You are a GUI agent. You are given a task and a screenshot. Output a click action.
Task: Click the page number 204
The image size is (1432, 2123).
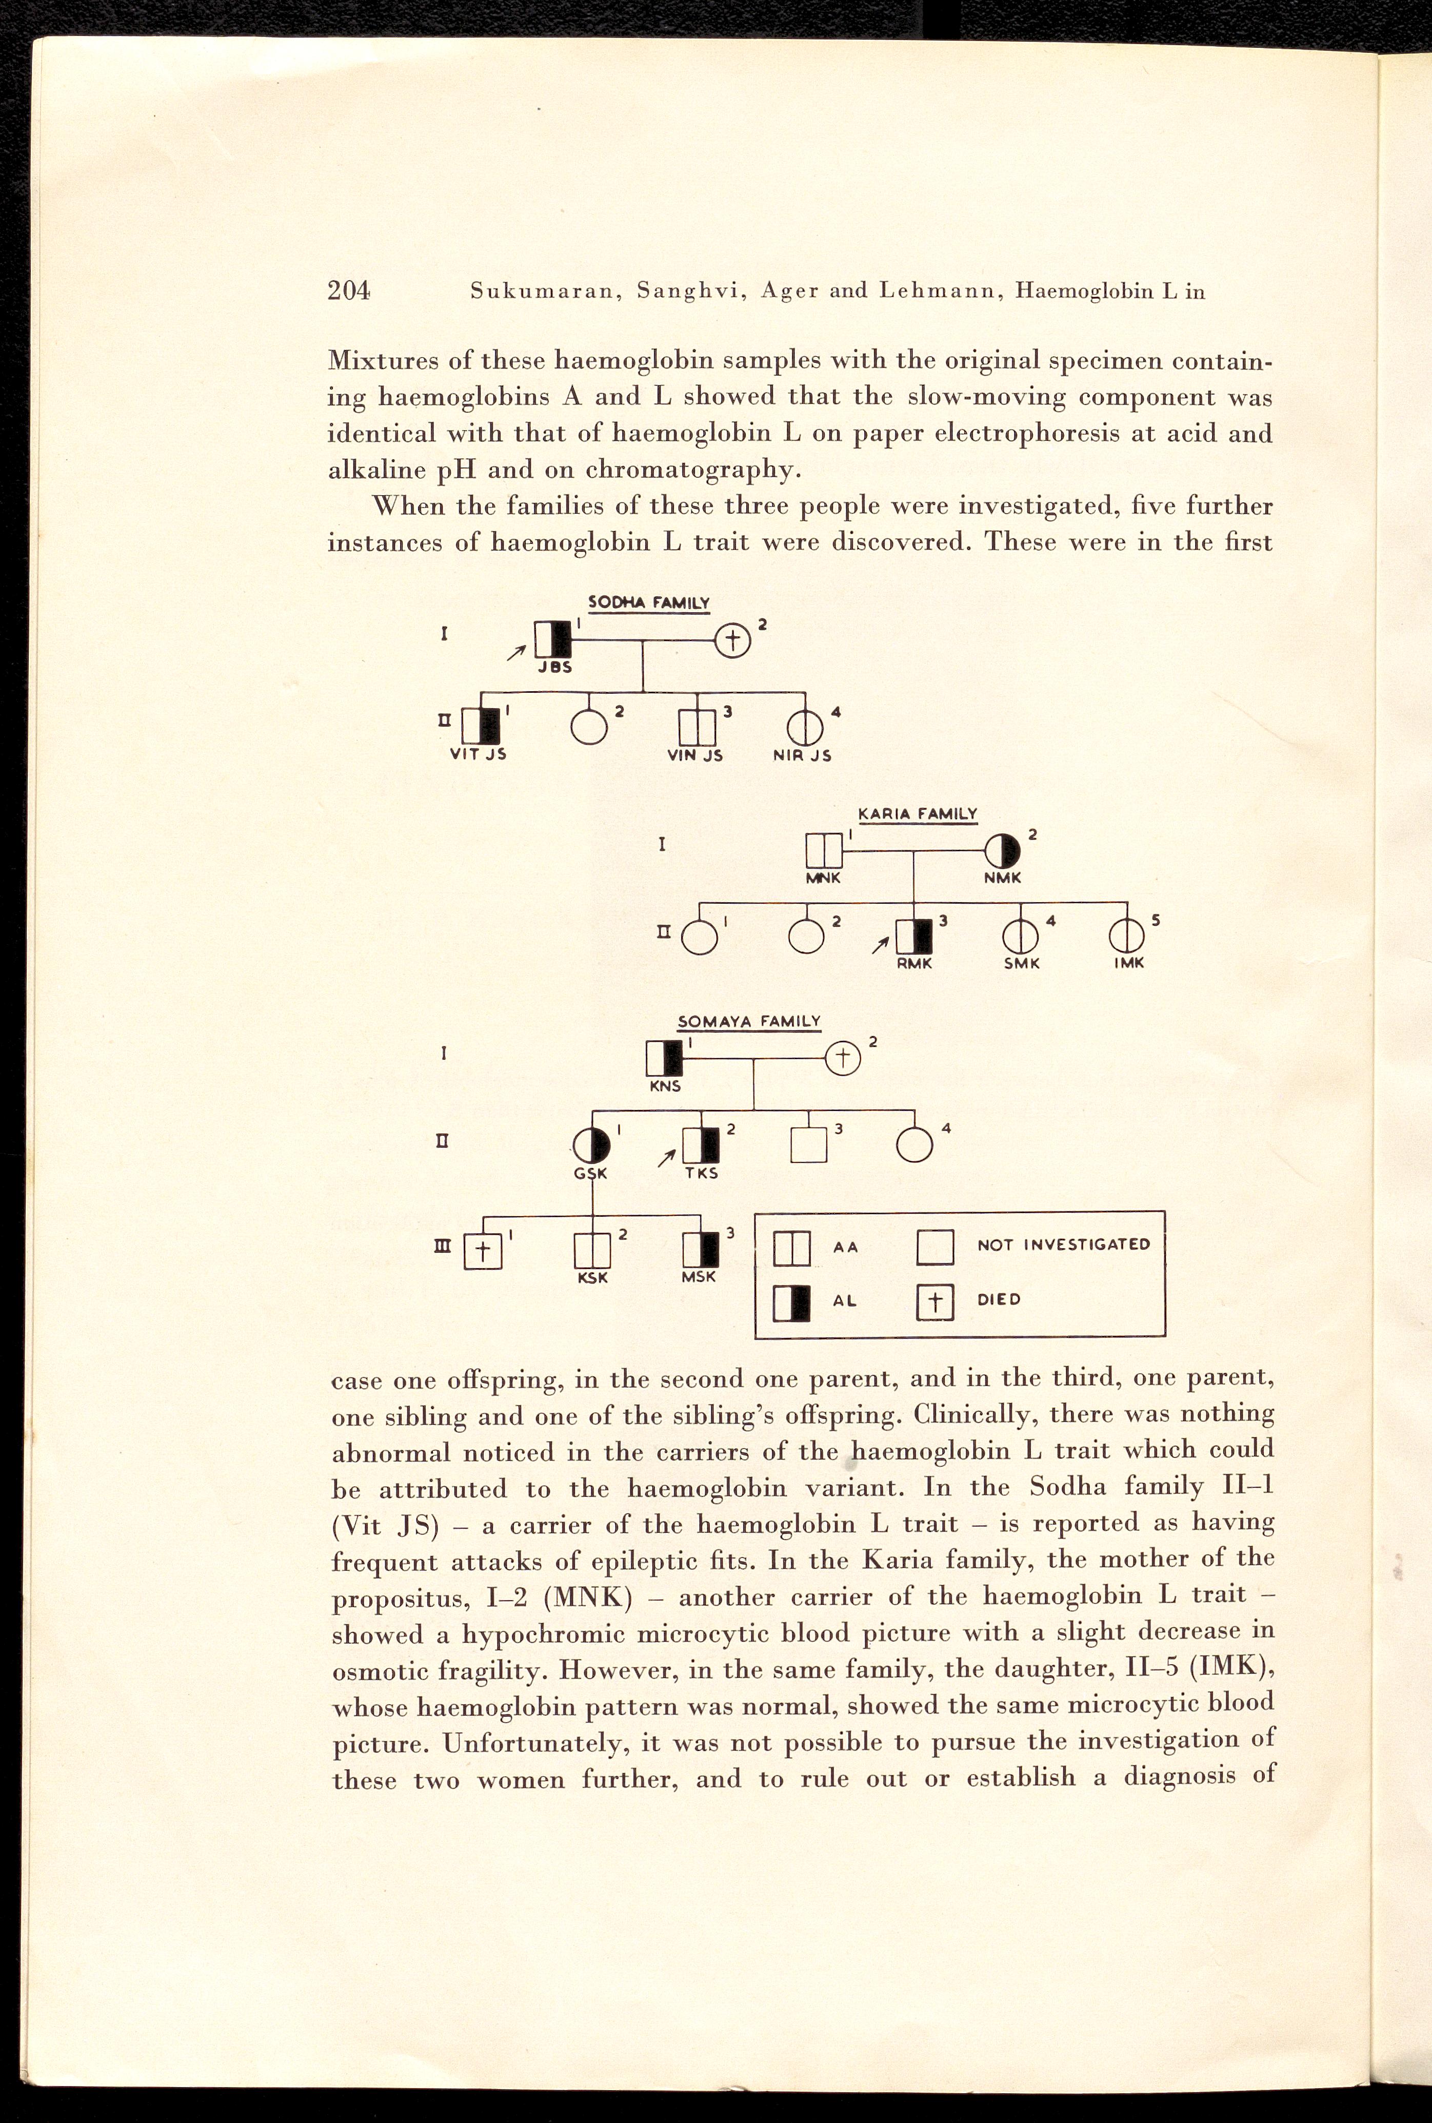tap(349, 290)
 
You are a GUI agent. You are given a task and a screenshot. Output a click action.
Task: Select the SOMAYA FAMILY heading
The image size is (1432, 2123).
tap(749, 1021)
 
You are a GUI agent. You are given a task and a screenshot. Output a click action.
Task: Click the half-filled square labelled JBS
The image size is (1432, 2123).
tap(552, 638)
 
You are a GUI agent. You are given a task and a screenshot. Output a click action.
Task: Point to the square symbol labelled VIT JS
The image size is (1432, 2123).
tap(481, 726)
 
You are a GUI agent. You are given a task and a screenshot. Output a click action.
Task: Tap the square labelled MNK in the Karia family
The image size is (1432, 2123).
tap(823, 851)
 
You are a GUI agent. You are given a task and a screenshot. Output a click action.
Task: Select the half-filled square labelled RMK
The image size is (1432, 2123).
tap(913, 937)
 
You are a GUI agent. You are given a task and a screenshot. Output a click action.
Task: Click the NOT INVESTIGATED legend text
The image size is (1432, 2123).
tap(1063, 1244)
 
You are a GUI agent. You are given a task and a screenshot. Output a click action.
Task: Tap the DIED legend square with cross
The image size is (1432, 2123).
tap(934, 1302)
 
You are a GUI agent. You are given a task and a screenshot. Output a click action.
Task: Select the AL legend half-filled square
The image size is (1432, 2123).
tap(791, 1302)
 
